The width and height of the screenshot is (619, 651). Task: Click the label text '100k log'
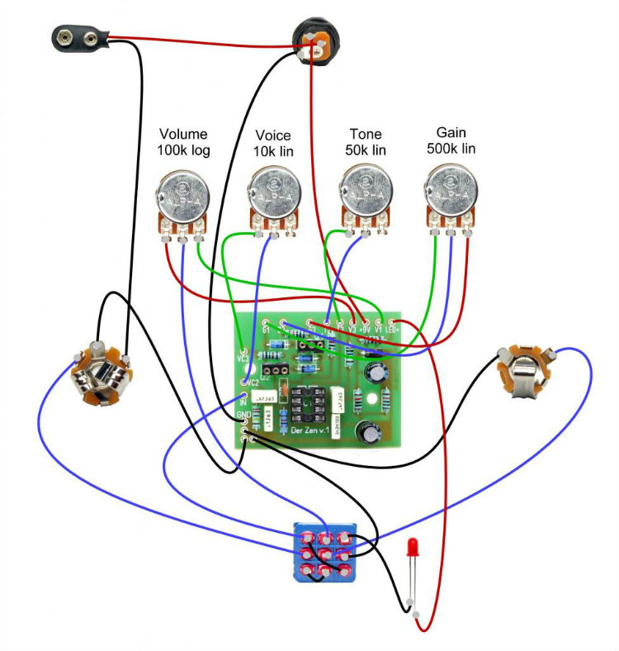click(184, 151)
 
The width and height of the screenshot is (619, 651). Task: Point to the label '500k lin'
click(451, 149)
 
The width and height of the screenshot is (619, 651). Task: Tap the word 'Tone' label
click(366, 135)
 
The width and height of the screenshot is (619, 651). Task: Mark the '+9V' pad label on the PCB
click(365, 330)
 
